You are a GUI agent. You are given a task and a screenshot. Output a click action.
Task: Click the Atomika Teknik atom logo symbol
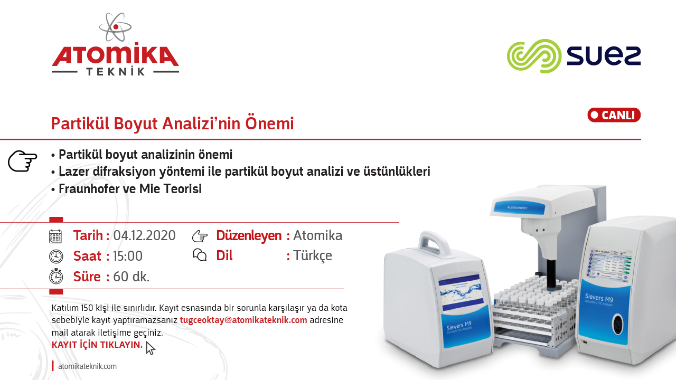[115, 27]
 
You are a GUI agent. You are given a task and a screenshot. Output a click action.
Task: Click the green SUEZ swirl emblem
[534, 56]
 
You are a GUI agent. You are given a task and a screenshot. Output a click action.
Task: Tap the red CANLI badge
[614, 115]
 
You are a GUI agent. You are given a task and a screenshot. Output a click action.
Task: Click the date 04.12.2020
[144, 235]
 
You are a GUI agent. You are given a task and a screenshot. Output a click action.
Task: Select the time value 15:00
[128, 256]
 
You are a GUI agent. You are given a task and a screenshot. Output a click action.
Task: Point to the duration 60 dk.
[132, 277]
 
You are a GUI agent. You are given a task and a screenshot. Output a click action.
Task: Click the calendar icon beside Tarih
[55, 236]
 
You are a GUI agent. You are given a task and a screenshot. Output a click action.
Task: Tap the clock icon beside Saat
[56, 256]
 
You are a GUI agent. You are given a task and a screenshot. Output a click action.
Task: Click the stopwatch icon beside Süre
[56, 276]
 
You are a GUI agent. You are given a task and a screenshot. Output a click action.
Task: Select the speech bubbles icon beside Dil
[200, 255]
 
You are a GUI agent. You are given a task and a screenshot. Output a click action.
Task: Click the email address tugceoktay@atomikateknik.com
[243, 320]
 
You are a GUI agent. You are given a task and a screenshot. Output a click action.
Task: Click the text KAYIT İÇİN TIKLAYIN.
[97, 345]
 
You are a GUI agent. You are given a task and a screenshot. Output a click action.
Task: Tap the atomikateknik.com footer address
[87, 366]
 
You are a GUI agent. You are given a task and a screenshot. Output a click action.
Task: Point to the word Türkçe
[313, 256]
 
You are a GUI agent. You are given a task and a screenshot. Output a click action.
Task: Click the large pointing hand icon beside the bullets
[23, 161]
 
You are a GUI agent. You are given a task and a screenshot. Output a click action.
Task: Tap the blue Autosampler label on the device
[519, 207]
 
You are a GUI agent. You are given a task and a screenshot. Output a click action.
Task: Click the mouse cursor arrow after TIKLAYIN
[151, 348]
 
